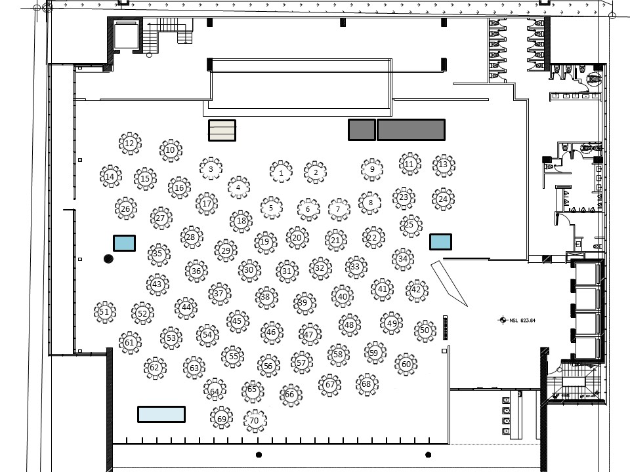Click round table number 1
(281, 172)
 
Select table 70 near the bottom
(255, 420)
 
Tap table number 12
(129, 144)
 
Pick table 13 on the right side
(444, 165)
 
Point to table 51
(104, 313)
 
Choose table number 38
(265, 297)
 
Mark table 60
(406, 364)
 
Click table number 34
(403, 259)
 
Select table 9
(372, 169)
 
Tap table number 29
(226, 250)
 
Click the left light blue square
(124, 243)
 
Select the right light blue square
(440, 242)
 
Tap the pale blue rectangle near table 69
(161, 414)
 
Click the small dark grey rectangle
(362, 130)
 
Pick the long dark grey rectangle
(411, 130)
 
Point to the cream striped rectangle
(222, 130)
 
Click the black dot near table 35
(108, 260)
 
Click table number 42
(416, 290)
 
